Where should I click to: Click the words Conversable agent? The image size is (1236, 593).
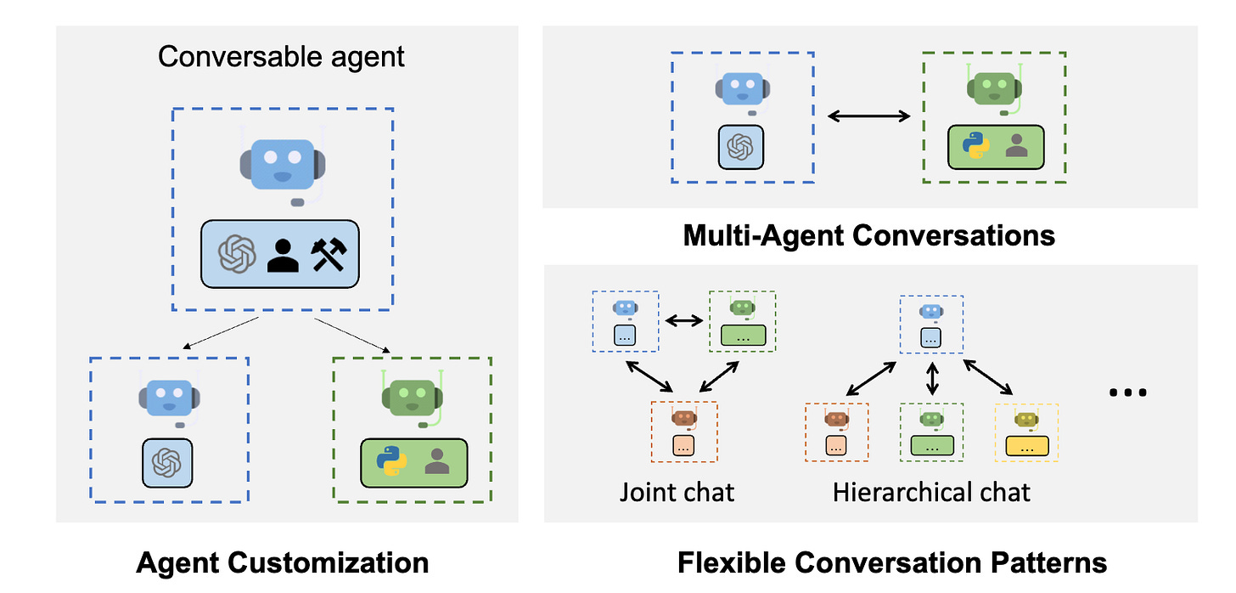pyautogui.click(x=281, y=57)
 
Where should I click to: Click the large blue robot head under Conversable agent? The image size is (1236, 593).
pyautogui.click(x=281, y=163)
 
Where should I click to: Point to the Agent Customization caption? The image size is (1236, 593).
pyautogui.click(x=282, y=562)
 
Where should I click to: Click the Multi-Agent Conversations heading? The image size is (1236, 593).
pyautogui.click(x=868, y=234)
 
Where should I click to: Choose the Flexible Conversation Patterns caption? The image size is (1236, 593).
pyautogui.click(x=891, y=562)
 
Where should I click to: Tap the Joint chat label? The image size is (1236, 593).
pyautogui.click(x=677, y=492)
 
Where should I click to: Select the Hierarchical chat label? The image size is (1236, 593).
pyautogui.click(x=931, y=492)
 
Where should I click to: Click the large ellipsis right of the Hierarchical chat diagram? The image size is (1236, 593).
pyautogui.click(x=1128, y=393)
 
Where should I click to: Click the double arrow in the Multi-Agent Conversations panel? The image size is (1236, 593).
pyautogui.click(x=868, y=116)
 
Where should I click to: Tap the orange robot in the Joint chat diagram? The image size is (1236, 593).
pyautogui.click(x=683, y=417)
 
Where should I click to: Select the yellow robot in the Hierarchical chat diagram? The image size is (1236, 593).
pyautogui.click(x=1026, y=419)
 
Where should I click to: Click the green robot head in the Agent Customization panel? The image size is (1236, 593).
pyautogui.click(x=413, y=396)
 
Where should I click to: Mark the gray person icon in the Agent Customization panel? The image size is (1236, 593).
pyautogui.click(x=437, y=461)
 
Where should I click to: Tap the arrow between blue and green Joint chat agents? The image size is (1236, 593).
pyautogui.click(x=684, y=321)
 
